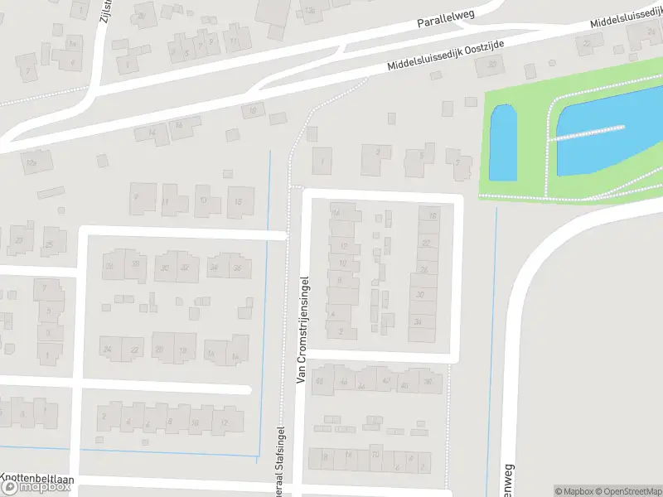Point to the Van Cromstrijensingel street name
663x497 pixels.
tap(302, 330)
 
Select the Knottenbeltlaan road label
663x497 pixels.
tap(37, 478)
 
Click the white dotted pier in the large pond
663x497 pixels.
tap(588, 133)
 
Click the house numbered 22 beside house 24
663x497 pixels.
tap(134, 350)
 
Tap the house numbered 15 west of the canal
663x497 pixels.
tap(239, 201)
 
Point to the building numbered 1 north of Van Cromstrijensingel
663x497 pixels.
tap(322, 161)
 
